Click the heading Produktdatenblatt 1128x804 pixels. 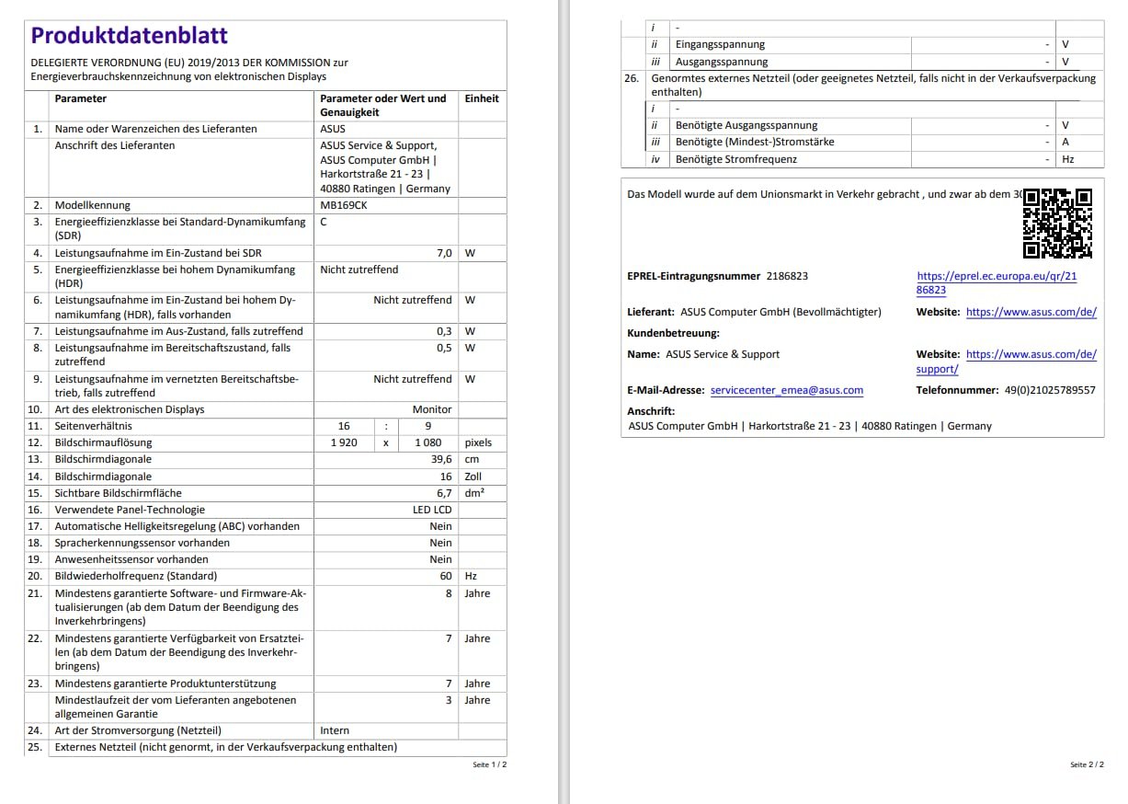pyautogui.click(x=129, y=36)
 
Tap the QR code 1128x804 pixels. pyautogui.click(x=1057, y=224)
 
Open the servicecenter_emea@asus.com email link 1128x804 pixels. pyautogui.click(x=787, y=390)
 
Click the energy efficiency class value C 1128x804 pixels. pyautogui.click(x=324, y=222)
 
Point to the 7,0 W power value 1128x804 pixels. pyautogui.click(x=443, y=253)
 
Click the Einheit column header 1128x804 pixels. pyautogui.click(x=482, y=98)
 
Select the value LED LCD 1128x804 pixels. pyautogui.click(x=432, y=510)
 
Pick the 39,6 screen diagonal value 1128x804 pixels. pyautogui.click(x=441, y=459)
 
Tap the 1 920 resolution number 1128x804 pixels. pyautogui.click(x=344, y=442)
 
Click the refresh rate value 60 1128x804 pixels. pyautogui.click(x=446, y=576)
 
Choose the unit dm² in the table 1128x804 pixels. pyautogui.click(x=473, y=493)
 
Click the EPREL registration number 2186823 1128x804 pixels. pyautogui.click(x=787, y=276)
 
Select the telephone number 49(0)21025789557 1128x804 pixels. pyautogui.click(x=1050, y=390)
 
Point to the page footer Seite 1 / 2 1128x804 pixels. pyautogui.click(x=490, y=764)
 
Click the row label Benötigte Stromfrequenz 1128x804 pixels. pyautogui.click(x=736, y=159)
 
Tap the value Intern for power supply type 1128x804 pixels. pyautogui.click(x=335, y=730)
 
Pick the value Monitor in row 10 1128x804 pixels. pyautogui.click(x=432, y=409)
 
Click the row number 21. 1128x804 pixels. pyautogui.click(x=35, y=593)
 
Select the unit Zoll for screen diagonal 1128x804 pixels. pyautogui.click(x=473, y=477)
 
